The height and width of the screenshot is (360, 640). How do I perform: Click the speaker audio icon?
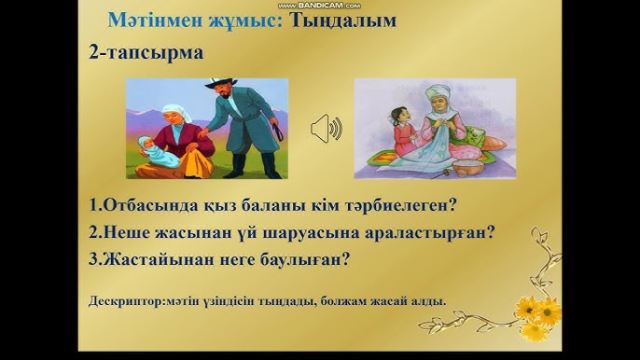[326, 128]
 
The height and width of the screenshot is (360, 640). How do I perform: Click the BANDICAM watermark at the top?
[319, 6]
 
